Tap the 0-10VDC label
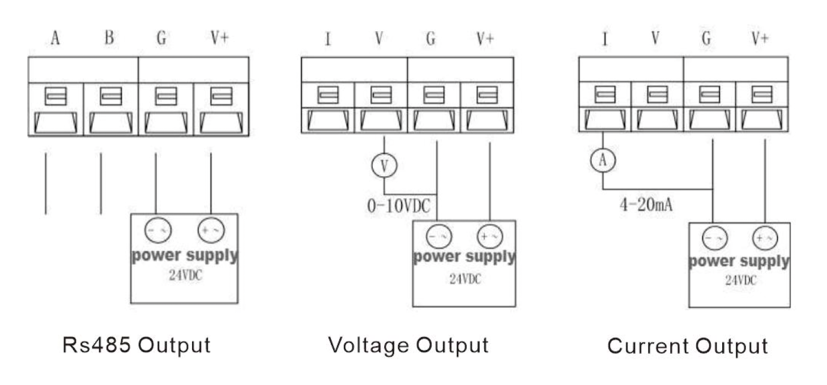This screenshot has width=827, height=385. [399, 206]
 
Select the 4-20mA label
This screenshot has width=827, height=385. [646, 204]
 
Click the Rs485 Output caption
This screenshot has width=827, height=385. [137, 345]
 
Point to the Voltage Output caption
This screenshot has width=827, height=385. [408, 345]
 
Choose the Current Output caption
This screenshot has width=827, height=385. [688, 346]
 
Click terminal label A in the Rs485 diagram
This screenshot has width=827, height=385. [55, 38]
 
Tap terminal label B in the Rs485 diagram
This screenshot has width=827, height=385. [109, 37]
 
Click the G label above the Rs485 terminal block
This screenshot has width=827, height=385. [161, 37]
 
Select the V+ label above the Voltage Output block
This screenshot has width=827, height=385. [485, 38]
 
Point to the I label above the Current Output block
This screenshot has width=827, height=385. [605, 38]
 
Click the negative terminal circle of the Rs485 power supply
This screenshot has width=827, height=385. [157, 230]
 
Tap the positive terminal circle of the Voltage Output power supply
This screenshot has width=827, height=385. [490, 236]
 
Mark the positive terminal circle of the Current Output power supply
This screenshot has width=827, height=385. [765, 238]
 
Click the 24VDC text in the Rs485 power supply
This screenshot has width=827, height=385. [185, 275]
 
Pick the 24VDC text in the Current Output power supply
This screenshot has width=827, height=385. [740, 280]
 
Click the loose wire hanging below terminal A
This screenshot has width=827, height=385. [46, 183]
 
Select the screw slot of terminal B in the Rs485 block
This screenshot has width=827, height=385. [111, 96]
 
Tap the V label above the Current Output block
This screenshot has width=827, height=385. [655, 38]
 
